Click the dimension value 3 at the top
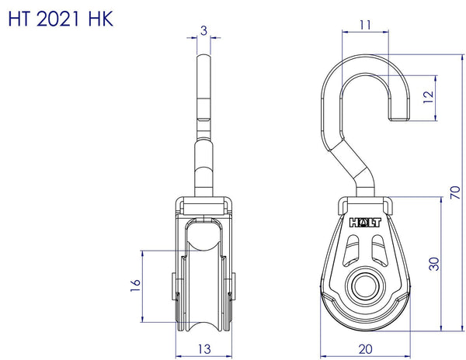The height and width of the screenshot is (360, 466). (203, 30)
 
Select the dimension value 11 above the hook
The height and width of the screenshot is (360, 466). (364, 25)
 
